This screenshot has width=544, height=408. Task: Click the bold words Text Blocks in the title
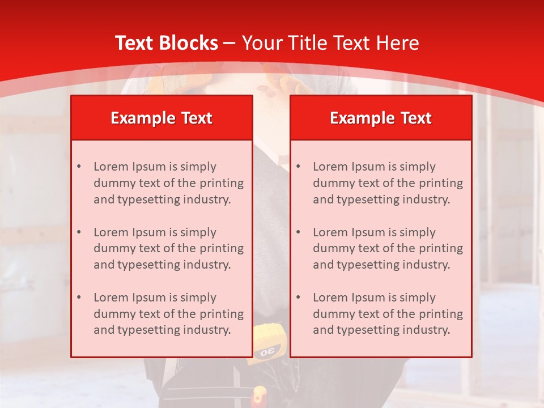coord(166,43)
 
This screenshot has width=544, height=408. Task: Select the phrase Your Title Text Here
coord(330,43)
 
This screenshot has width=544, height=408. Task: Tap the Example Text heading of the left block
coord(161,118)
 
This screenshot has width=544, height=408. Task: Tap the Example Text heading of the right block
coord(381,118)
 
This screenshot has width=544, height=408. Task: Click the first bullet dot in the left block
coord(79,167)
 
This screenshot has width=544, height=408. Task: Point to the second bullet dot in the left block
coord(79,232)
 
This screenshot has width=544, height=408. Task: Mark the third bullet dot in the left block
coord(79,297)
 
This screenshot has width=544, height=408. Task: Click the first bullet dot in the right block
coord(298,167)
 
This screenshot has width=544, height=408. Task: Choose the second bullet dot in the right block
coord(298,232)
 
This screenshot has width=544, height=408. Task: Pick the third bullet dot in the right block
coord(298,297)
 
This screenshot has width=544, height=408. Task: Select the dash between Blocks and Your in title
coord(229,43)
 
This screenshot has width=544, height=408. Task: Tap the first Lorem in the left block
coord(110,167)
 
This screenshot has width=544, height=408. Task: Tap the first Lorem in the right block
coord(330,167)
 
